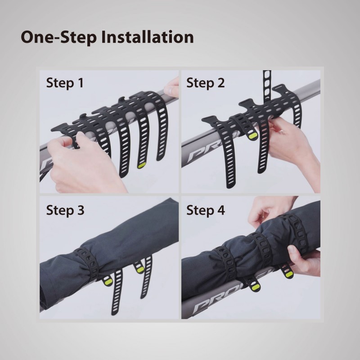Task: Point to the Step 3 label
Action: coord(65,210)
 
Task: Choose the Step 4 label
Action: coord(206,210)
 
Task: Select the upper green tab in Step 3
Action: coord(139,270)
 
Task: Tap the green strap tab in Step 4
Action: coord(286,272)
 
